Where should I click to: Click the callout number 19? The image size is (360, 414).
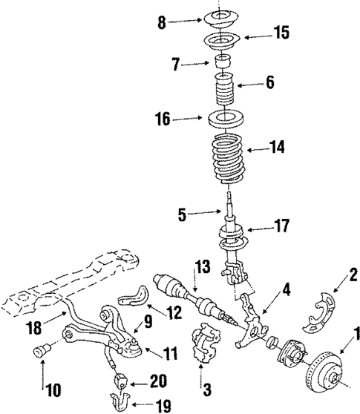coord(163,405)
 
